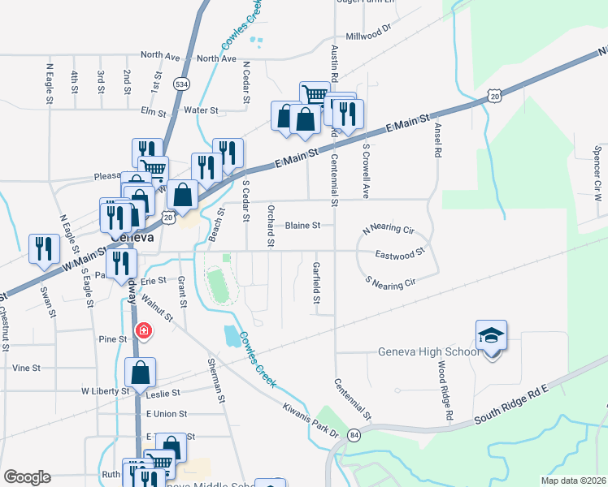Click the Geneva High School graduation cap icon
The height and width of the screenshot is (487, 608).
pos(492,336)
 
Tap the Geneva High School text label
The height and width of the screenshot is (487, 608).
pos(417,352)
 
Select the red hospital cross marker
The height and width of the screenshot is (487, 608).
pos(144,330)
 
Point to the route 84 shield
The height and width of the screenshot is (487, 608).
pos(354,435)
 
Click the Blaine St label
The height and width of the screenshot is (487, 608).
pos(304,226)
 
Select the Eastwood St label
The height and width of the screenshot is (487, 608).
pos(400,254)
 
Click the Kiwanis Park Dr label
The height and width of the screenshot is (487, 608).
pos(311,419)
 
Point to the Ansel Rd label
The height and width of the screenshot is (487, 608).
pos(437,136)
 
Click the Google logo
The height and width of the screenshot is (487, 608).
pos(27,477)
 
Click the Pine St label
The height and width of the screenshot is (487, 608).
pos(113,338)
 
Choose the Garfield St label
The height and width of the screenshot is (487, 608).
pos(316,282)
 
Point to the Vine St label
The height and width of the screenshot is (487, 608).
pos(27,368)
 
